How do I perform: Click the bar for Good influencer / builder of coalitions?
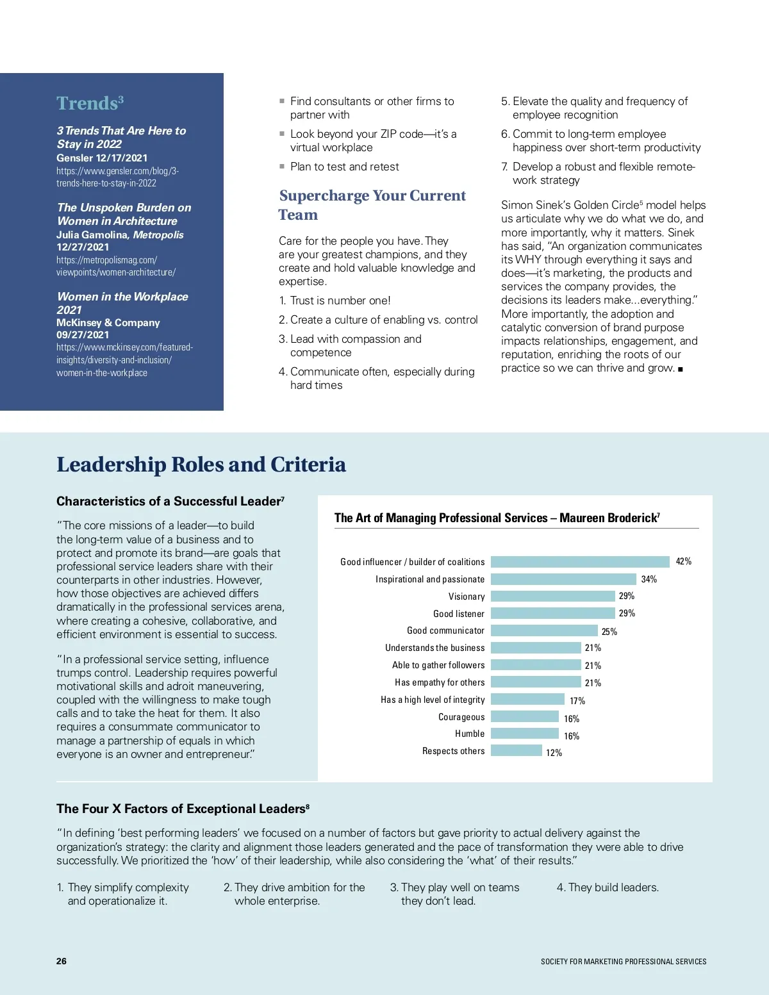coord(580,562)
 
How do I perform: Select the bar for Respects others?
coord(517,751)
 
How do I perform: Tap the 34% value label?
coord(649,579)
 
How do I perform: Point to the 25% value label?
coord(609,632)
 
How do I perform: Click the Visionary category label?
coord(467,596)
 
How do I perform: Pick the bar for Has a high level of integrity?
coord(527,700)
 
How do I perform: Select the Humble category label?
coord(470,734)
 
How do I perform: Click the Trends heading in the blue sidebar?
coord(90,103)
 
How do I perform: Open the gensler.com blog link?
coord(117,177)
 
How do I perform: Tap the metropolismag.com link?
coord(115,266)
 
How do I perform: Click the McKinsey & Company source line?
coord(108,323)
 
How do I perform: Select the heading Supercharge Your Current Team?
coord(372,205)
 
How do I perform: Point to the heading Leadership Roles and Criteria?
coord(201,465)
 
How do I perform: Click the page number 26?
coord(62,961)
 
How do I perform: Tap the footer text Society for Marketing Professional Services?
coord(624,962)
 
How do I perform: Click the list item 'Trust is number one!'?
coord(340,300)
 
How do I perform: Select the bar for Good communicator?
coord(544,630)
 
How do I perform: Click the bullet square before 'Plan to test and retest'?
coord(282,167)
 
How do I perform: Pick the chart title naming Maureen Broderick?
coord(497,518)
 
